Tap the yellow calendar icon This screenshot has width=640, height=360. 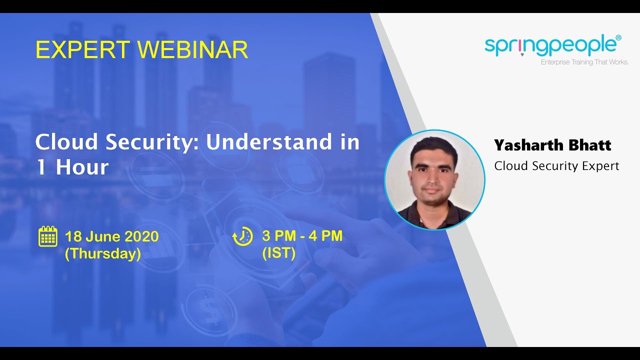(x=48, y=236)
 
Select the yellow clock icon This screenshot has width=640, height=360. (x=242, y=236)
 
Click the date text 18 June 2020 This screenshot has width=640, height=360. (x=111, y=236)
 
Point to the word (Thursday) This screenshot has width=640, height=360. (x=102, y=253)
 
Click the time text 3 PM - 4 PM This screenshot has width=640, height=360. (x=302, y=235)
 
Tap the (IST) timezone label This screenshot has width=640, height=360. (x=278, y=253)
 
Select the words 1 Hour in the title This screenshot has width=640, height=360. (x=72, y=167)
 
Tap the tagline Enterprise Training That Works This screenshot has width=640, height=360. (x=584, y=62)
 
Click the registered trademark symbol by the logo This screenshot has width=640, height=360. (x=618, y=37)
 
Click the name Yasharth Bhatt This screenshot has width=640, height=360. (x=552, y=145)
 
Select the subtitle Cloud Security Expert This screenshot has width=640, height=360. (x=556, y=166)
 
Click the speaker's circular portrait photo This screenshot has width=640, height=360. (x=434, y=180)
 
